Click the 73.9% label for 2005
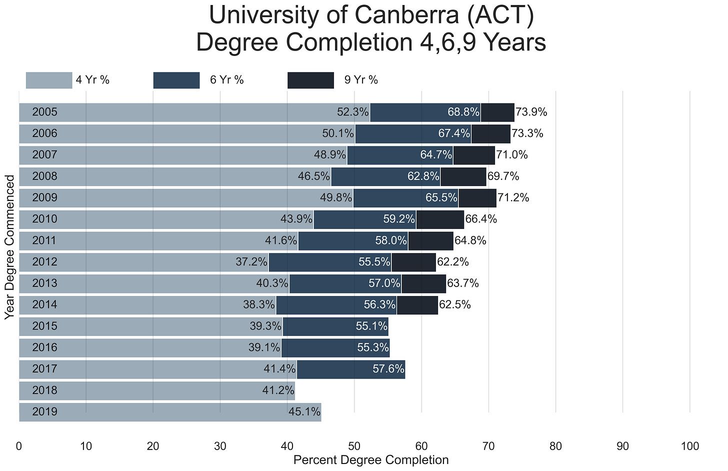pos(531,112)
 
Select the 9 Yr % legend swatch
pos(310,80)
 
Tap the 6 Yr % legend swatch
pos(176,80)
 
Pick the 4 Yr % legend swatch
pos(49,80)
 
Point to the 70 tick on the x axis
pos(488,446)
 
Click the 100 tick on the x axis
pos(689,446)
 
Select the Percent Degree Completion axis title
pos(371,460)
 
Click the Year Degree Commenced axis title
pos(10,247)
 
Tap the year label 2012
pos(44,261)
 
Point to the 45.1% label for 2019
pos(304,412)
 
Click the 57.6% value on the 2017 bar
pos(388,369)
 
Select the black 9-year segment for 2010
pos(440,219)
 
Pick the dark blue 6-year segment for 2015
pos(335,326)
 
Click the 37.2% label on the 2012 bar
pos(251,261)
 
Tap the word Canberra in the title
pos(407,15)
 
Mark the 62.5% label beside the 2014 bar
pos(455,304)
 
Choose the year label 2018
pos(44,390)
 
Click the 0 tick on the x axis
pos(19,446)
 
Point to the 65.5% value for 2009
pos(441,197)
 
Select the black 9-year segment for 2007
pos(474,155)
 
